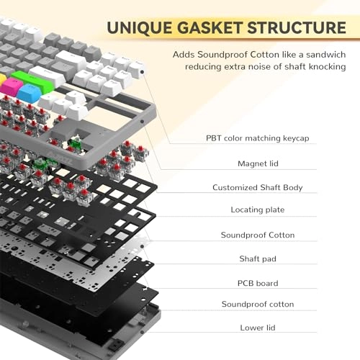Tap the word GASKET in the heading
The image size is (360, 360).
[214, 28]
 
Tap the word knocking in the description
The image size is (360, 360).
[324, 67]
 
